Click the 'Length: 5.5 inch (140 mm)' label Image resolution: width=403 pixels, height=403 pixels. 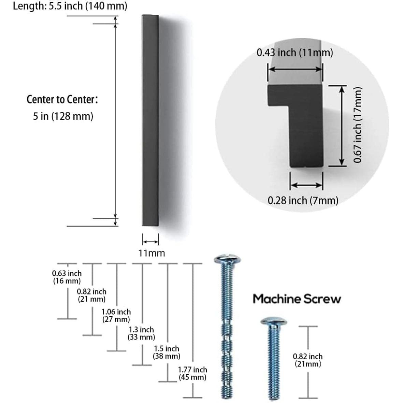(x=70, y=6)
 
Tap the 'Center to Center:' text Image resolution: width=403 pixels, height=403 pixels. (x=62, y=100)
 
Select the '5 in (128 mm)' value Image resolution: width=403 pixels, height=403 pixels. (x=63, y=116)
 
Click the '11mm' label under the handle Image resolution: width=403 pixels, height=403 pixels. (x=151, y=253)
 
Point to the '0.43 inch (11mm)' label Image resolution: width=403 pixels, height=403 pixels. (x=295, y=53)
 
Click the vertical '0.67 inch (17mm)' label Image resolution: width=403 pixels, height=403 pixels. (x=357, y=125)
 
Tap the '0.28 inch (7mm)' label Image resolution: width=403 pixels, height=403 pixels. (x=303, y=200)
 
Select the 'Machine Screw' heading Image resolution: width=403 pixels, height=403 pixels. (x=297, y=299)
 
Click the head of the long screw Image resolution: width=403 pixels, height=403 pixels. (x=228, y=260)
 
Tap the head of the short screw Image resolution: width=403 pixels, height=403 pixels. (x=273, y=321)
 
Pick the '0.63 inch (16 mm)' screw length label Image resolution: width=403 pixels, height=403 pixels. (x=67, y=277)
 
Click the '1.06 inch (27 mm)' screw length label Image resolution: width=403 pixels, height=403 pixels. (x=116, y=316)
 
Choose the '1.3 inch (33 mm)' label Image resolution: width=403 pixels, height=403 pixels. (x=141, y=333)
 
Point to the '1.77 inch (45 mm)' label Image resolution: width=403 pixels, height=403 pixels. (x=192, y=373)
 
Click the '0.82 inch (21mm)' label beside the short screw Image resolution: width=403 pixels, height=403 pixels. (x=308, y=360)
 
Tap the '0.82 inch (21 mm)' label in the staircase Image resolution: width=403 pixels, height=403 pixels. (x=91, y=296)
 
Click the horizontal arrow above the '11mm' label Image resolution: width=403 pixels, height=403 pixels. (x=150, y=242)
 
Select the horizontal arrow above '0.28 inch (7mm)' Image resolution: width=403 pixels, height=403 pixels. (x=306, y=185)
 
